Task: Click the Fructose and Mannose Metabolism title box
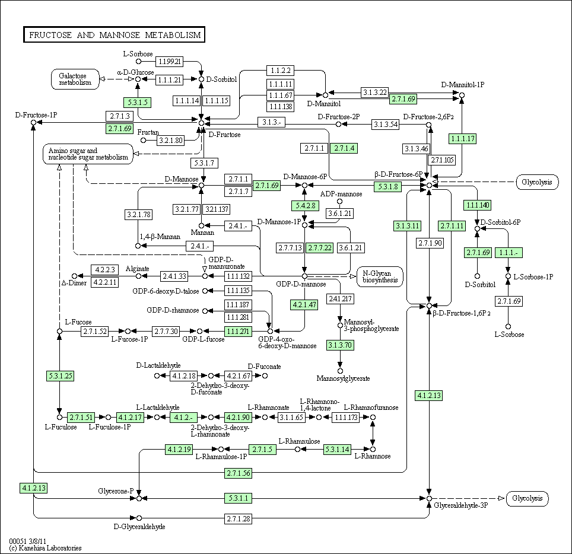(x=114, y=34)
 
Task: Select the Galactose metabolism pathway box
(x=75, y=79)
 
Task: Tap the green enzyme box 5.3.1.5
(x=138, y=103)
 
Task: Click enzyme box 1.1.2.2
(x=281, y=71)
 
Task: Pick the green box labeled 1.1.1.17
(x=463, y=139)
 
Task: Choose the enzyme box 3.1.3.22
(x=374, y=93)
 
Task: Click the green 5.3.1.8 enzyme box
(x=388, y=187)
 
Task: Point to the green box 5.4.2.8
(x=306, y=206)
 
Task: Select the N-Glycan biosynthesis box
(x=380, y=277)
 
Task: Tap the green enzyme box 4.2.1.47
(x=304, y=304)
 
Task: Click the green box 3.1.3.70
(x=340, y=345)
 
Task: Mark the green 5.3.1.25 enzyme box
(x=60, y=375)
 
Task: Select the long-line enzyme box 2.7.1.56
(x=238, y=473)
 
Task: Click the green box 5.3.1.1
(x=238, y=498)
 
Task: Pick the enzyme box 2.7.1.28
(x=238, y=518)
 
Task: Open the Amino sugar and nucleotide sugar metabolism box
(x=88, y=154)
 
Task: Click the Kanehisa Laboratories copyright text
(x=45, y=548)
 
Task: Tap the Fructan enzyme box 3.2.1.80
(x=171, y=140)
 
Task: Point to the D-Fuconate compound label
(x=265, y=367)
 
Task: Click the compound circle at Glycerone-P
(x=139, y=498)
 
